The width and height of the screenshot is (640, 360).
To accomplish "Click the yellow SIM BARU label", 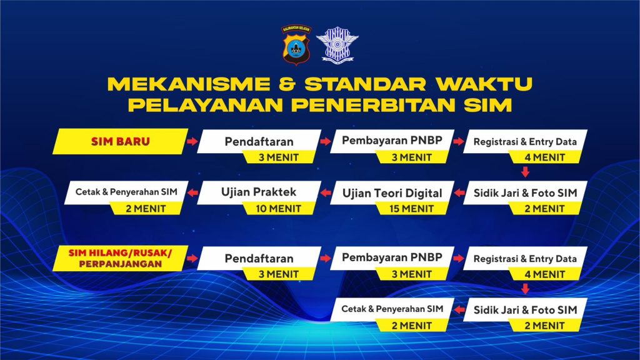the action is pyautogui.click(x=121, y=141).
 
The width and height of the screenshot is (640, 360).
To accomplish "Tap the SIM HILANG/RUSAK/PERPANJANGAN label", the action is pyautogui.click(x=121, y=258).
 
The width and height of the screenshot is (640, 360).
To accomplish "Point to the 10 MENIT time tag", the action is pyautogui.click(x=279, y=209).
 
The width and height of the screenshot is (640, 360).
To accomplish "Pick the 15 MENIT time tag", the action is pyautogui.click(x=412, y=209).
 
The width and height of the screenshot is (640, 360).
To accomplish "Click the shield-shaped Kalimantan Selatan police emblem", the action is pyautogui.click(x=296, y=45).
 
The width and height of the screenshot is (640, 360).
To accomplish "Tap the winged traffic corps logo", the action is pyautogui.click(x=337, y=45).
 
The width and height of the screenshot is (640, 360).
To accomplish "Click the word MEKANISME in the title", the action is pyautogui.click(x=189, y=84).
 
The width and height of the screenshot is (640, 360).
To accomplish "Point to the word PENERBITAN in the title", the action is pyautogui.click(x=373, y=105).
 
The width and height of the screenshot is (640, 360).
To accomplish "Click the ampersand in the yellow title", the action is pyautogui.click(x=287, y=84).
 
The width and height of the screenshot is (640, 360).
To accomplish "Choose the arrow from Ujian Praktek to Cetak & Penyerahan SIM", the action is pyautogui.click(x=192, y=192).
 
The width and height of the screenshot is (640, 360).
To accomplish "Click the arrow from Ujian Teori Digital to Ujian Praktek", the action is pyautogui.click(x=326, y=192).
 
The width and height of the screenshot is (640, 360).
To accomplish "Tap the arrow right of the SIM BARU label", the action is pyautogui.click(x=192, y=141).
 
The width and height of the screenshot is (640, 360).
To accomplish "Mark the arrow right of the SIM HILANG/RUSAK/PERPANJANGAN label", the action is pyautogui.click(x=192, y=258).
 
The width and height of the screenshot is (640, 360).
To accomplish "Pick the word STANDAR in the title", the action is pyautogui.click(x=365, y=84).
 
